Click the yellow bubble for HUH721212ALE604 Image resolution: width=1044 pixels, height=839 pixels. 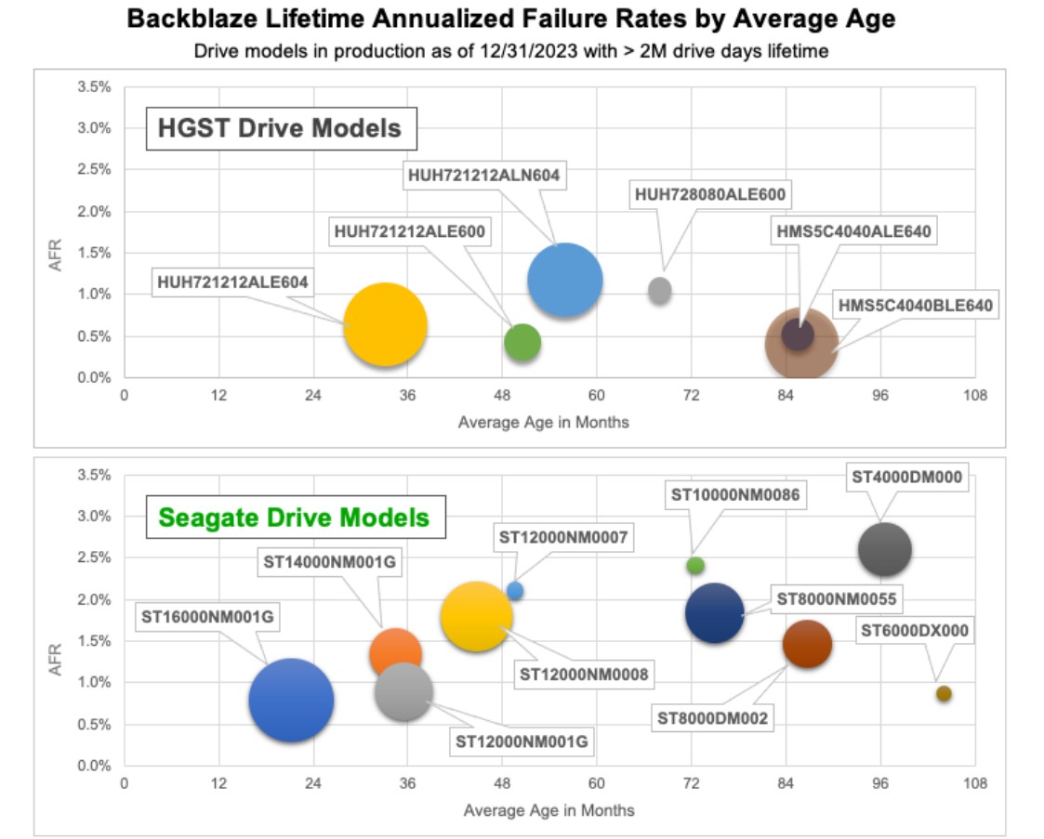tap(385, 324)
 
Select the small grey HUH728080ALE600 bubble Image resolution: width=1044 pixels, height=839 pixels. tap(660, 290)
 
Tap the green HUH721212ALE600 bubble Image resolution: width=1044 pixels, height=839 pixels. tap(522, 341)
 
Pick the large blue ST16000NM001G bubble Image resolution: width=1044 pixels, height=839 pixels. tap(291, 700)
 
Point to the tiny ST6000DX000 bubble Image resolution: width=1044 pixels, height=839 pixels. tap(944, 693)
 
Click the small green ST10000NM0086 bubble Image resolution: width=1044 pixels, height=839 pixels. tap(695, 565)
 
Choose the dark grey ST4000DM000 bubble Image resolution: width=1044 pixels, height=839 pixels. tap(884, 550)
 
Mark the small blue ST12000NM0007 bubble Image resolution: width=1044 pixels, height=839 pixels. tap(515, 590)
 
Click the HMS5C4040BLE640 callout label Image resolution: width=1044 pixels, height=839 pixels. tap(916, 305)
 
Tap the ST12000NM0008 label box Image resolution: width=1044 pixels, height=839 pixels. tap(584, 674)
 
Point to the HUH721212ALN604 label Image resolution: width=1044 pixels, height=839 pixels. tap(486, 174)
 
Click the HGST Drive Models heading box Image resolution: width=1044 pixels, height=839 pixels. tap(280, 127)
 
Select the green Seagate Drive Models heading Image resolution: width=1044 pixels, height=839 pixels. tap(294, 517)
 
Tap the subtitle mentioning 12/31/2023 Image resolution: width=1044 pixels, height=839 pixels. tap(510, 51)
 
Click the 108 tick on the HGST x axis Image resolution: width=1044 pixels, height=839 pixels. tap(974, 395)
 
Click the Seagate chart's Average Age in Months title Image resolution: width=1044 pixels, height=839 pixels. tap(548, 810)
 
